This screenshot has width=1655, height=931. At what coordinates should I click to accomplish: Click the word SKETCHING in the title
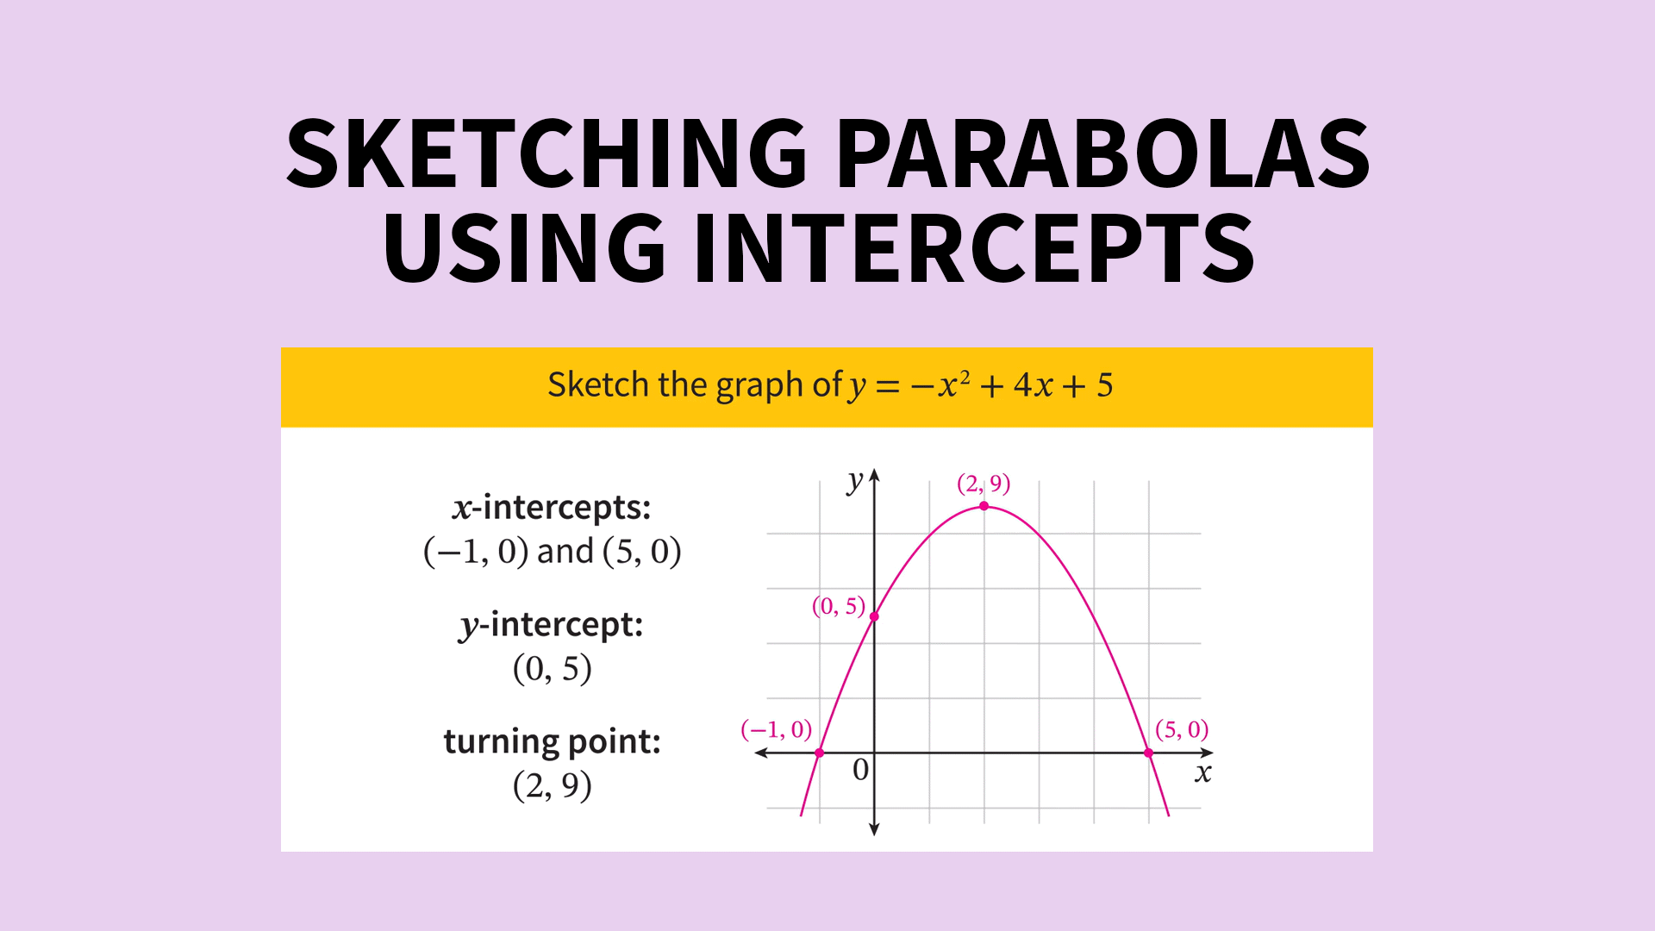546,155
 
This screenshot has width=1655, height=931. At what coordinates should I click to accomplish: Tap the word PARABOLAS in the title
1102,155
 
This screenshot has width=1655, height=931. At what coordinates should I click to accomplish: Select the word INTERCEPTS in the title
974,250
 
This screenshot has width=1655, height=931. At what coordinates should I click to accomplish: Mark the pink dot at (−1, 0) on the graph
820,753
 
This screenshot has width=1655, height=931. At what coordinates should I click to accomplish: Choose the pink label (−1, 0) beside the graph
776,729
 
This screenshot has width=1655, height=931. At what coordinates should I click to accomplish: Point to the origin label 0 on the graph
860,769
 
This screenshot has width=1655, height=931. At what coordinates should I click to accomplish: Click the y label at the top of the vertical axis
854,481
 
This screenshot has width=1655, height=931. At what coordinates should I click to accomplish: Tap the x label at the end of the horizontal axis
1203,773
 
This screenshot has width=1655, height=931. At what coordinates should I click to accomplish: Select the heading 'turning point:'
552,741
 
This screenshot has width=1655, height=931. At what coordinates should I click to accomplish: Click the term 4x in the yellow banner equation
1034,385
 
